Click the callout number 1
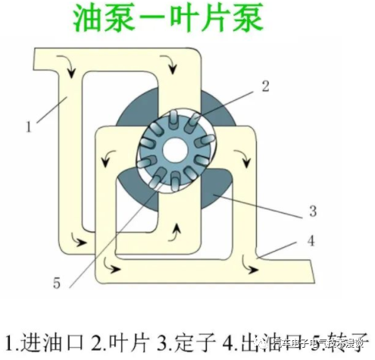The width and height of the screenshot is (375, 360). pyautogui.click(x=28, y=127)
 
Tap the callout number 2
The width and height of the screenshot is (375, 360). pyautogui.click(x=264, y=85)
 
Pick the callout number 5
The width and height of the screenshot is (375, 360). pyautogui.click(x=55, y=283)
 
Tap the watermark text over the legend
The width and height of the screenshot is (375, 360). pyautogui.click(x=311, y=342)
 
